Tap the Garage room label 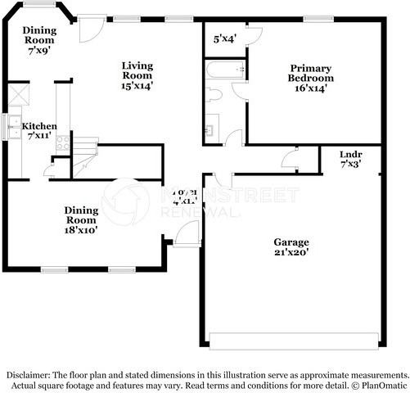[x=291, y=242]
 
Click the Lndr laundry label [x=350, y=153]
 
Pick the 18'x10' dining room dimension [x=81, y=231]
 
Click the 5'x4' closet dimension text [x=223, y=38]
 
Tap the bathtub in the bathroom [x=223, y=71]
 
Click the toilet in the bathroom [x=213, y=94]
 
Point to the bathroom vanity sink [x=210, y=129]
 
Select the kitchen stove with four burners [x=62, y=143]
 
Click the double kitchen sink [x=14, y=126]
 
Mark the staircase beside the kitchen [x=83, y=163]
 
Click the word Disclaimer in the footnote [x=28, y=373]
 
